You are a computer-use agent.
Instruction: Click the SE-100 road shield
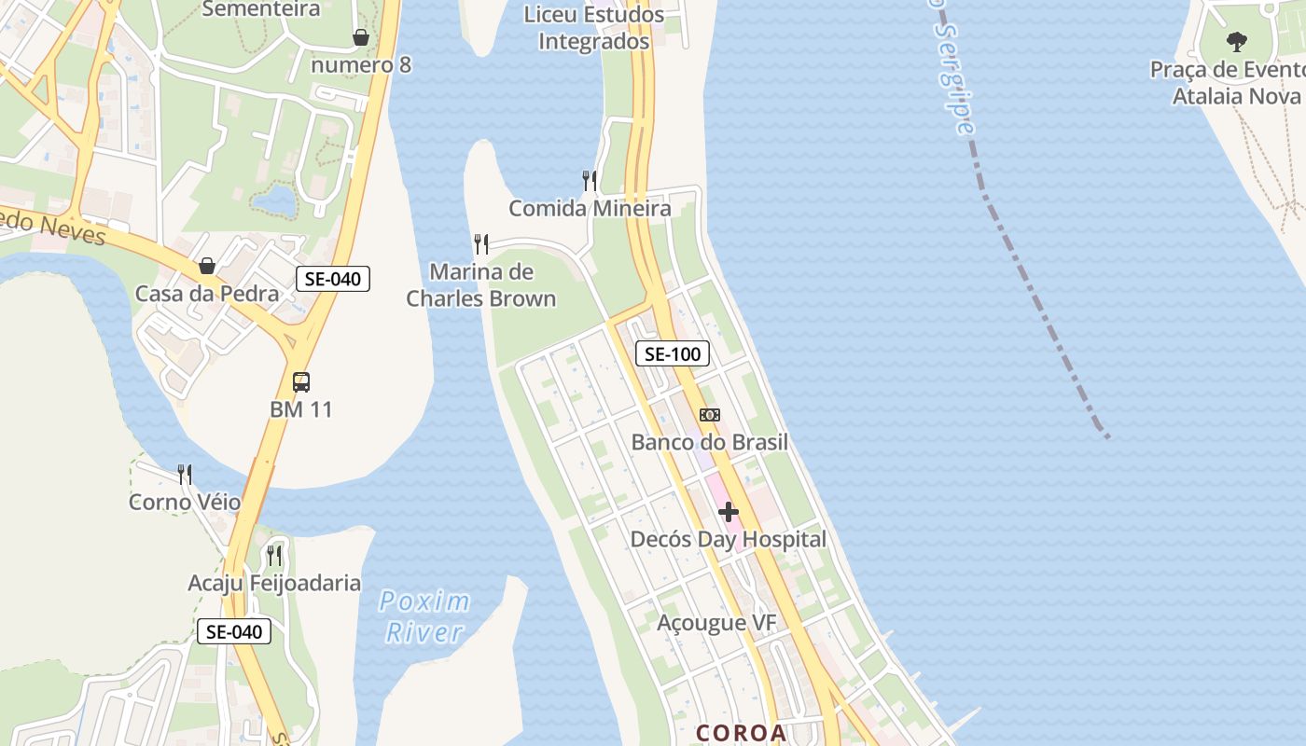673,353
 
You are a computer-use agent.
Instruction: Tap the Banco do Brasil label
709,442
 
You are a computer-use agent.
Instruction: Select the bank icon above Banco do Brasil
710,415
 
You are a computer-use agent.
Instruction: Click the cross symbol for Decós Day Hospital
729,512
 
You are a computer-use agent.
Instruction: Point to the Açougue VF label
716,623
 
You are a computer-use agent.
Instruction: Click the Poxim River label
424,616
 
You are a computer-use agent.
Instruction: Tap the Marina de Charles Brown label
481,285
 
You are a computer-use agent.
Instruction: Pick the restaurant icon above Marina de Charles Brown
481,244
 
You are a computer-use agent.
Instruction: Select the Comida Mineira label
590,208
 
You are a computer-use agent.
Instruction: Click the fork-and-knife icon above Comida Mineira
590,180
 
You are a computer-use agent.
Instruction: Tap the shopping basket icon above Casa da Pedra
207,267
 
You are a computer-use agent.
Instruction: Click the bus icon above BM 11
300,382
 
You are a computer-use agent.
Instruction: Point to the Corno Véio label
185,503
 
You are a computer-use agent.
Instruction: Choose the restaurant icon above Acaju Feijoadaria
274,556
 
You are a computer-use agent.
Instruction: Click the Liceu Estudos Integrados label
594,28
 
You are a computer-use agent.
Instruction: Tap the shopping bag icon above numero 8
361,37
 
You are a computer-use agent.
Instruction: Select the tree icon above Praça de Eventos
1237,41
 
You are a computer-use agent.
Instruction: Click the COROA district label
742,733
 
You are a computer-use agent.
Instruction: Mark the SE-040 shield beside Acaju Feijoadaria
234,631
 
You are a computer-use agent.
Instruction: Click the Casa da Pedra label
207,294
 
